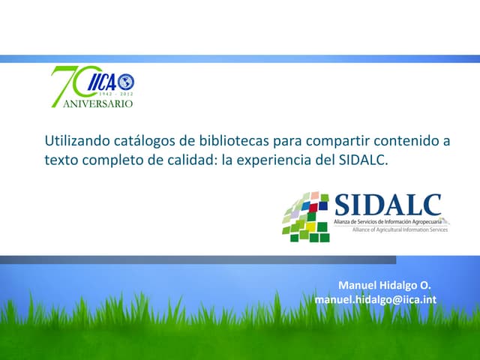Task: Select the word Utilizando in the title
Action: tap(75, 140)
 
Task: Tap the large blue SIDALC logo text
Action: tap(387, 205)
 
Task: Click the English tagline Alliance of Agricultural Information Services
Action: tap(400, 229)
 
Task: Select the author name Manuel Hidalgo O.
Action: tap(385, 286)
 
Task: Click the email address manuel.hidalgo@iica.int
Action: tap(376, 300)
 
